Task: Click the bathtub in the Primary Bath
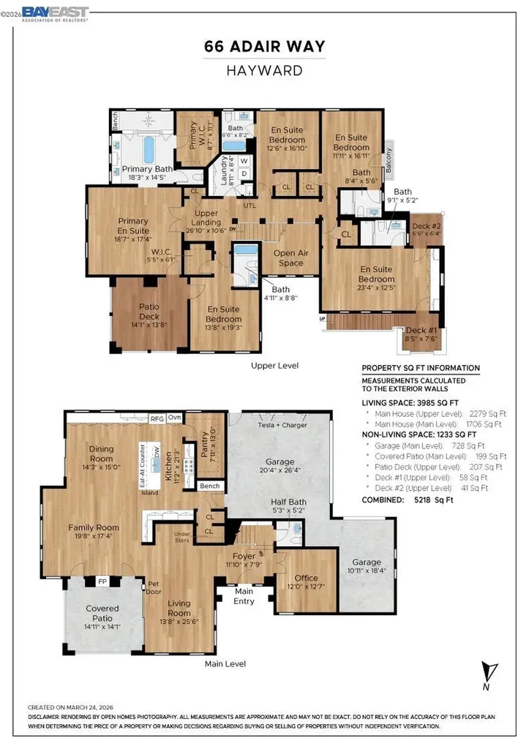(x=149, y=150)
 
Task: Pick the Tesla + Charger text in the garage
(x=282, y=425)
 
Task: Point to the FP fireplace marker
(x=102, y=582)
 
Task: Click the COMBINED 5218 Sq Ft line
(x=408, y=500)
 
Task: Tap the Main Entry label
(x=244, y=596)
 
